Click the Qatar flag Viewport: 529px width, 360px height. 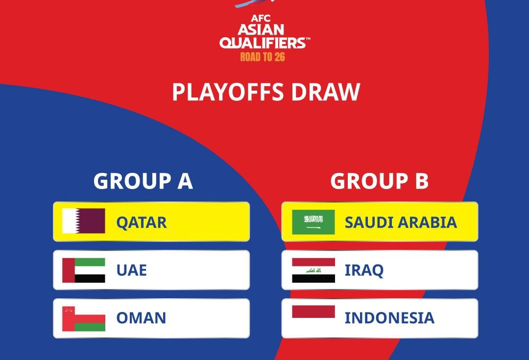[x=84, y=221]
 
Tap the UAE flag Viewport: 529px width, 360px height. [x=84, y=270]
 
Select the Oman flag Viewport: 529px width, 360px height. [x=84, y=319]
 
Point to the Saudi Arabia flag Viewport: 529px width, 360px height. [x=313, y=222]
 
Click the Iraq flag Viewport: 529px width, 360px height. [x=313, y=270]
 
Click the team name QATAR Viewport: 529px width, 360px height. [x=142, y=223]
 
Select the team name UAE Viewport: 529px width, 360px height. [x=132, y=270]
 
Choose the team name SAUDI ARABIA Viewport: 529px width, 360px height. [x=401, y=222]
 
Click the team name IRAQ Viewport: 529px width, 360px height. [x=364, y=270]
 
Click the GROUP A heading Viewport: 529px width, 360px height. [x=143, y=181]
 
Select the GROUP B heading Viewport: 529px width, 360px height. [x=380, y=181]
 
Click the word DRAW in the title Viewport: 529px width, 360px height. [x=326, y=92]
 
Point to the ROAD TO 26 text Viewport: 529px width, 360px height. [x=263, y=57]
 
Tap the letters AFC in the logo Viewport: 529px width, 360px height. [x=261, y=18]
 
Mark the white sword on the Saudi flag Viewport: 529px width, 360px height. [x=313, y=228]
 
